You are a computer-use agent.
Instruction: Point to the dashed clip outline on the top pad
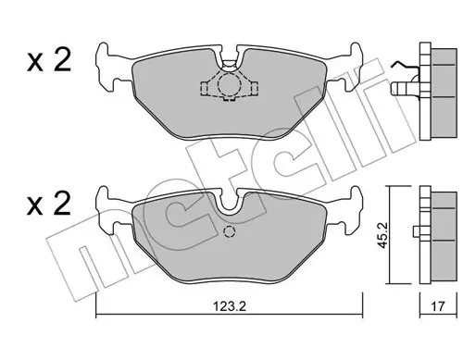tap(227, 86)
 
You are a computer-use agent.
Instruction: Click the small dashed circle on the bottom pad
tap(230, 232)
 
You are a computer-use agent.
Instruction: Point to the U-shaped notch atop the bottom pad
tap(228, 202)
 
